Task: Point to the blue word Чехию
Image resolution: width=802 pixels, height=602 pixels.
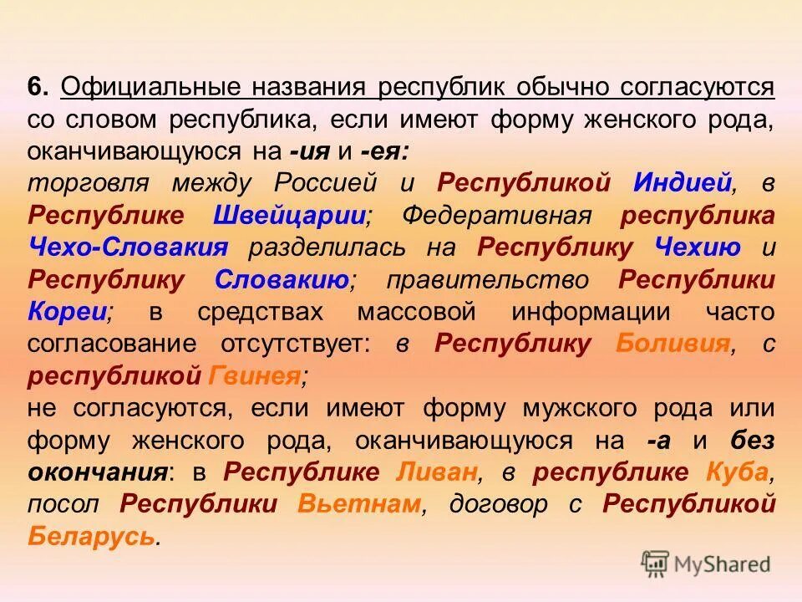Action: (689, 247)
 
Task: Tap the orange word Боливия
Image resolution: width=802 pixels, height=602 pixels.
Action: (673, 344)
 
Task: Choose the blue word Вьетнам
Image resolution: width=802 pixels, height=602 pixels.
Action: (358, 504)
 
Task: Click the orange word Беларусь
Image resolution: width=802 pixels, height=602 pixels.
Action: (92, 537)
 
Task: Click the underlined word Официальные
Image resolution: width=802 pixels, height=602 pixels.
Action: (153, 87)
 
